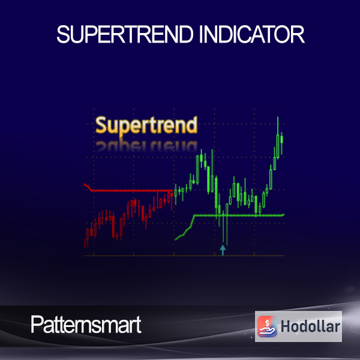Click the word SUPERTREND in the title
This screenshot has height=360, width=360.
point(125,34)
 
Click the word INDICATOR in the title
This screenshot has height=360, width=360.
point(252,34)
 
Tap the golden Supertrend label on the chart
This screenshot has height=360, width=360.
point(146,125)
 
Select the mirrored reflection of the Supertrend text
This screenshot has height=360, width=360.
point(146,146)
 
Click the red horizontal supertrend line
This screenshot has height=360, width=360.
point(133,191)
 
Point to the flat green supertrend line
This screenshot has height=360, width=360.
point(239,215)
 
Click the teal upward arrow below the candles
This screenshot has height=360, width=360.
point(223,250)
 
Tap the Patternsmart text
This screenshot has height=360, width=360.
point(86,325)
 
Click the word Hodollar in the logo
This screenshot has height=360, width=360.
point(310,326)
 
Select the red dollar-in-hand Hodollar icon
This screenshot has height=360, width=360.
point(267,326)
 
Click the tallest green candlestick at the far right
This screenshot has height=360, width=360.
point(278,138)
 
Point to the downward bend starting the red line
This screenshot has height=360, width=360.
point(88,187)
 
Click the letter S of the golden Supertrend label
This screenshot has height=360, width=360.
point(101,125)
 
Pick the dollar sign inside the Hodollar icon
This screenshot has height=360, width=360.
point(267,323)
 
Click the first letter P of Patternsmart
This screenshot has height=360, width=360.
point(37,325)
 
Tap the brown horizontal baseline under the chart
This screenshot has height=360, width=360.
point(184,256)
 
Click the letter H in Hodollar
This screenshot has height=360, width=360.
point(286,326)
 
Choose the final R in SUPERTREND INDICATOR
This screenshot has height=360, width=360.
point(298,34)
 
